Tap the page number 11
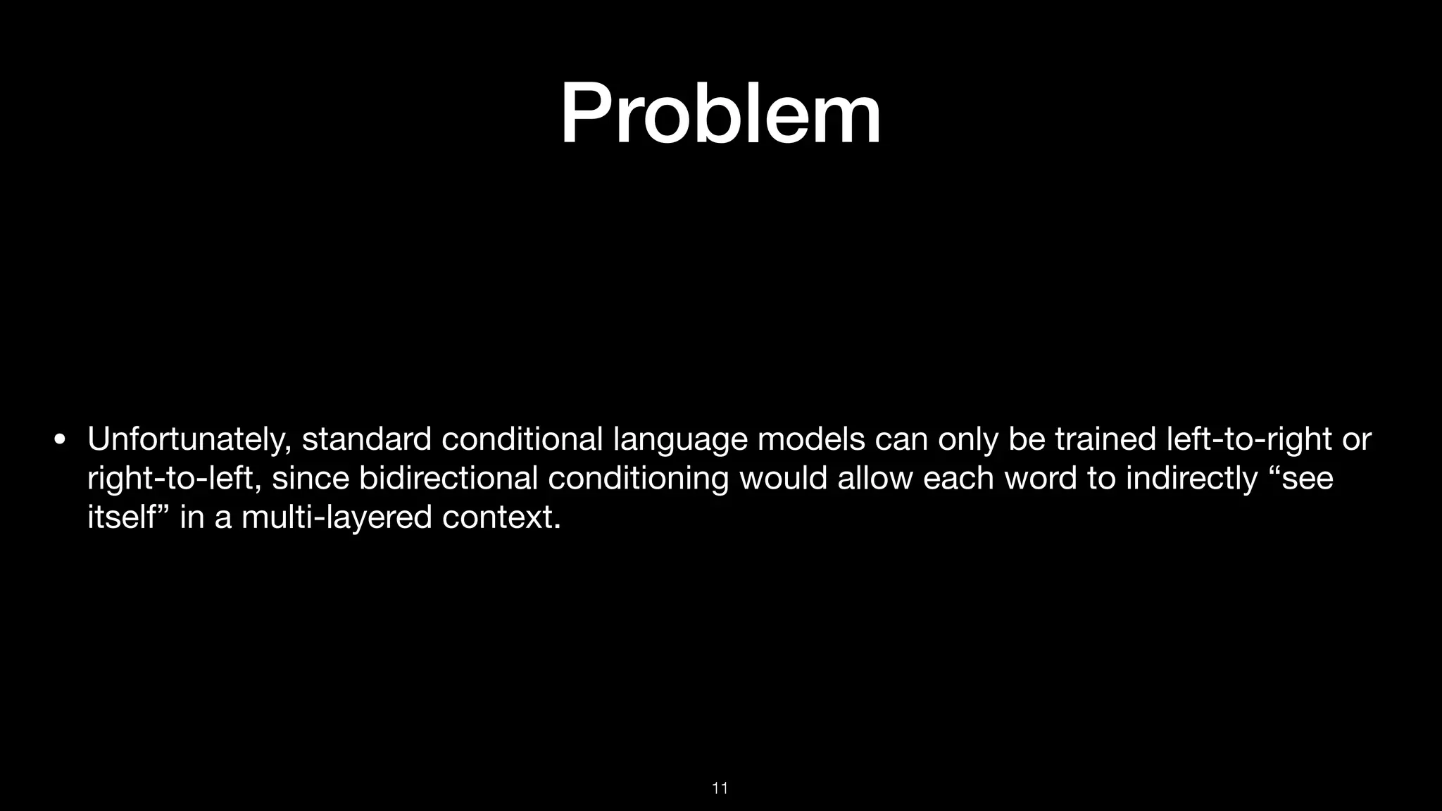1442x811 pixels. (720, 788)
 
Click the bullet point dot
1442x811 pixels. (60, 441)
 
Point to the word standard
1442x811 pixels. (366, 439)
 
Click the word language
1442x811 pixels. (680, 440)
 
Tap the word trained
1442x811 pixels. (1105, 439)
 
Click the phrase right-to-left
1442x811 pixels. (174, 479)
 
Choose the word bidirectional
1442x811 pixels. (448, 479)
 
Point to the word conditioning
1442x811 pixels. (638, 479)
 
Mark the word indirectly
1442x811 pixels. (1191, 479)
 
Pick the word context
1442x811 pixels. (501, 518)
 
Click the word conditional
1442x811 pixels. (522, 439)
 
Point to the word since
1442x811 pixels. (311, 479)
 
